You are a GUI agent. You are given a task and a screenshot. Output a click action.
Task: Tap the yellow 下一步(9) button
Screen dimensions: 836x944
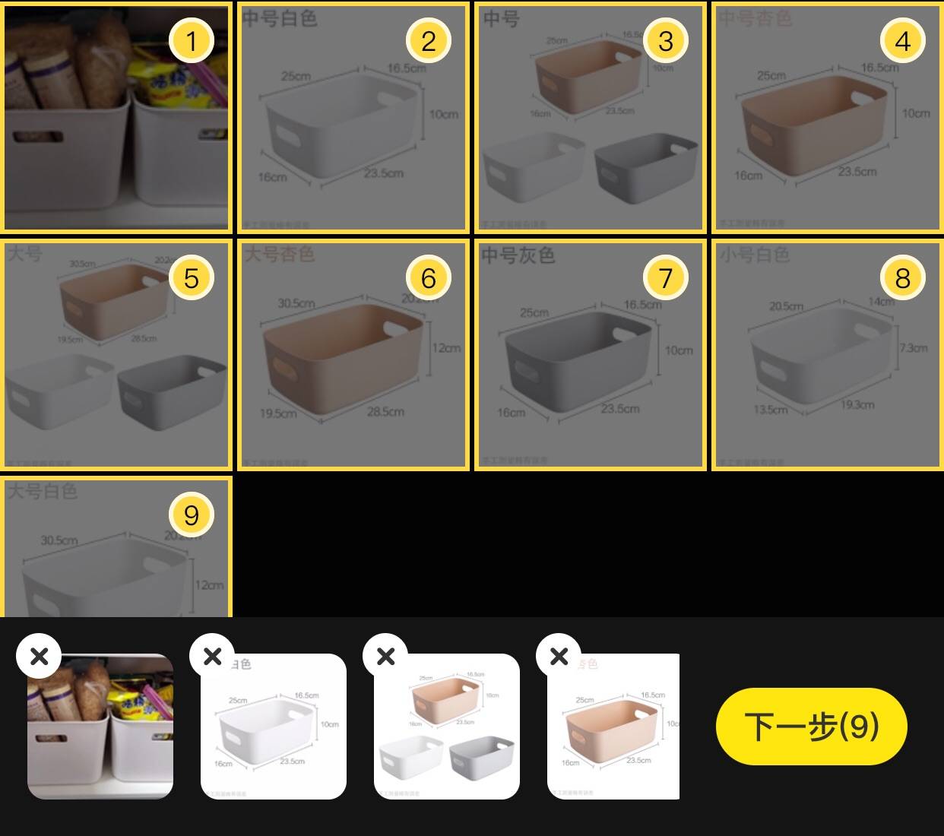(x=811, y=726)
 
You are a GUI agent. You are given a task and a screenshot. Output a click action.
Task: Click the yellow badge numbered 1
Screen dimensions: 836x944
(x=191, y=40)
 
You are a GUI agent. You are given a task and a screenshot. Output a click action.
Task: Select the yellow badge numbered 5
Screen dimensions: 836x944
(x=191, y=277)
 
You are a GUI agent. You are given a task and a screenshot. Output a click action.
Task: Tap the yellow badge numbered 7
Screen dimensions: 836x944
(x=665, y=277)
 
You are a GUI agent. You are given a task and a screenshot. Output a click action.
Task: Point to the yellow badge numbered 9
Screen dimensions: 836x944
(x=191, y=515)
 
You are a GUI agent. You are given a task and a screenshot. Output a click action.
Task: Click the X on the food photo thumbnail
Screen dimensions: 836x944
(x=39, y=655)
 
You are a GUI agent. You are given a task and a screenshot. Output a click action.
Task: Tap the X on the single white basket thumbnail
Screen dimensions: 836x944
(x=213, y=655)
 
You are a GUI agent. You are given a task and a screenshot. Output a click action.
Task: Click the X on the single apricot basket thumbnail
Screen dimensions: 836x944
(x=559, y=655)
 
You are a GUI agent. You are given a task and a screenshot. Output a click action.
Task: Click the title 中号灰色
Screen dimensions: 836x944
(x=518, y=255)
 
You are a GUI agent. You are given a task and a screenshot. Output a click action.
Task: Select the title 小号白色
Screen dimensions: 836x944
(x=755, y=255)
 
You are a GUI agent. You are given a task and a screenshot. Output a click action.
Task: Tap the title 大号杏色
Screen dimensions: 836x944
(x=279, y=253)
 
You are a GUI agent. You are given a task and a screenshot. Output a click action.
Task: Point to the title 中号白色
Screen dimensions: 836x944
(x=279, y=17)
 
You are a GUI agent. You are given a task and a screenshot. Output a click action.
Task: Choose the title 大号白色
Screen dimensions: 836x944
(x=43, y=491)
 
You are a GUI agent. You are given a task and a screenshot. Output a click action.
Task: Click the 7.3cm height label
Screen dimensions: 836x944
(x=913, y=348)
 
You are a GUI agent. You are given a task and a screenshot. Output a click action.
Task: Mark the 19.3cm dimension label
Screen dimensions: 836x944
(x=857, y=404)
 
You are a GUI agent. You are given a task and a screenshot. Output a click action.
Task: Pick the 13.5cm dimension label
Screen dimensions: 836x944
(x=770, y=410)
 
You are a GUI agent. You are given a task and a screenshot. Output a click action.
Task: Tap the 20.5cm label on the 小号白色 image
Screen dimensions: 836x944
(x=786, y=306)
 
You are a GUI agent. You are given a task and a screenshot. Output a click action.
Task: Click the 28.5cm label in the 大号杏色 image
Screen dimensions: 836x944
(x=385, y=412)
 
